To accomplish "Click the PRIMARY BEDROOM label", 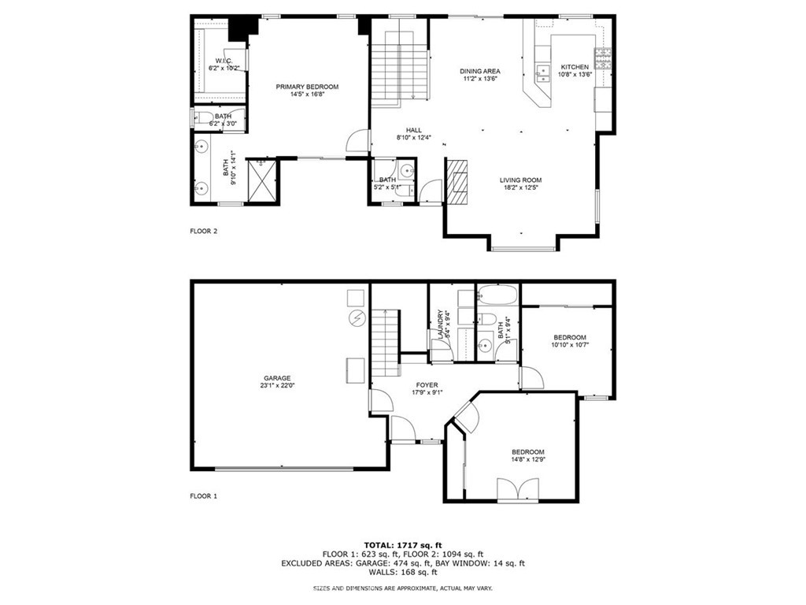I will [307, 87].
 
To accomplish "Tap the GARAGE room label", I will [276, 378].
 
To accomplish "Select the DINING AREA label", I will [480, 72].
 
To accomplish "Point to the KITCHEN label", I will [574, 67].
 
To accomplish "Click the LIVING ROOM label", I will [520, 180].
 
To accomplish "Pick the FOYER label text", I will [427, 385].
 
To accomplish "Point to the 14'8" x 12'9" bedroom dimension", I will [527, 460].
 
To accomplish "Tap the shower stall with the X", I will [261, 180].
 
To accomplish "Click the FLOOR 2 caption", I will [203, 232].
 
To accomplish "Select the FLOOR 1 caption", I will [203, 496].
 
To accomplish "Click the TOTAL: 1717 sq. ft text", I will [402, 544].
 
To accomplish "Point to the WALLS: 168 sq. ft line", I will [402, 573].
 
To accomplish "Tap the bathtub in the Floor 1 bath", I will [497, 297].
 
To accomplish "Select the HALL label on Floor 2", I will [414, 131].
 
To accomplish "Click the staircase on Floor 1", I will [385, 343].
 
